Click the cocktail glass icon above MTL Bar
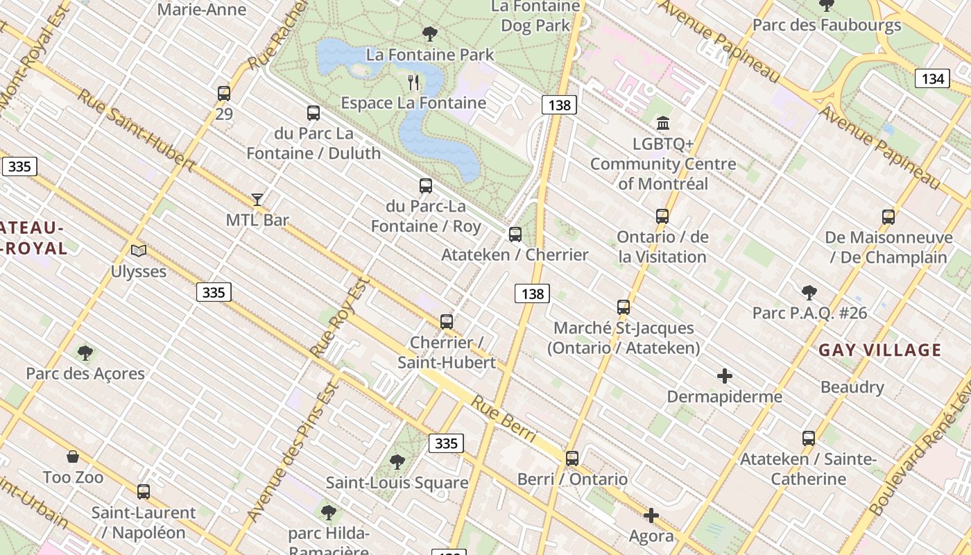(257, 200)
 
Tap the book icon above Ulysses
(139, 250)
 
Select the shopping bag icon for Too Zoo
(73, 456)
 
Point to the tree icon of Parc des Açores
(85, 353)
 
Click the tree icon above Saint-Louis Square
(397, 461)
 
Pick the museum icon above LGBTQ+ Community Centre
(663, 123)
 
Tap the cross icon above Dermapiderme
(725, 376)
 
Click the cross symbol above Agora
(651, 515)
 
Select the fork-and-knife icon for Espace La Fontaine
(414, 83)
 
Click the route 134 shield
(932, 78)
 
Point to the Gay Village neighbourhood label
(880, 350)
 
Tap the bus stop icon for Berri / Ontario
(572, 459)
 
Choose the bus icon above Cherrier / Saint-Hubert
(447, 322)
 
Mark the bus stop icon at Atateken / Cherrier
(515, 234)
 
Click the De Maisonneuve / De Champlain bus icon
(888, 217)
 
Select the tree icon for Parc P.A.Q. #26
(809, 292)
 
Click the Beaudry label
(852, 387)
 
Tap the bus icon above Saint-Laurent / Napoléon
(144, 492)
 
